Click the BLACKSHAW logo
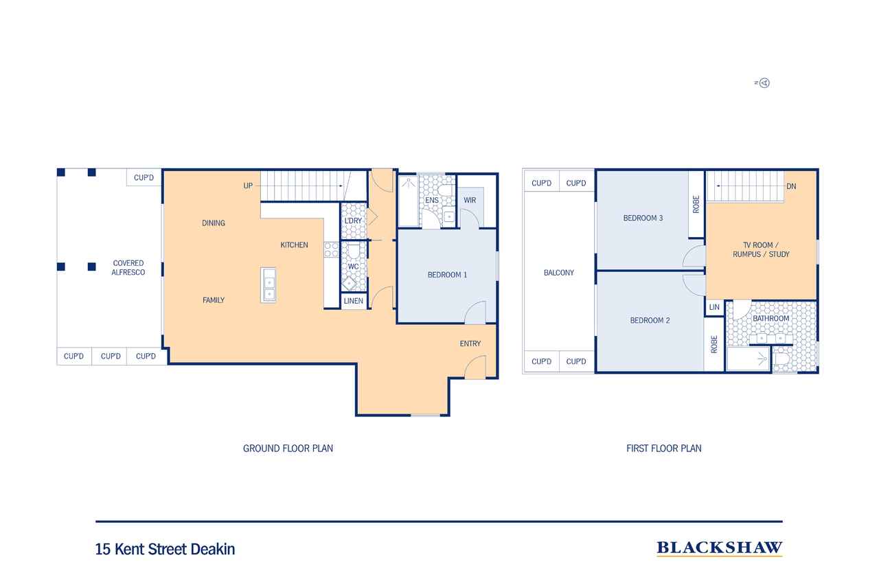pos(719,548)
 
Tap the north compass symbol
pos(764,83)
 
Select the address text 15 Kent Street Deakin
pos(165,549)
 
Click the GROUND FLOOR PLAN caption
pos(288,448)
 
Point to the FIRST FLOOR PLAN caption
pos(663,448)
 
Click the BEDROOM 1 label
pos(447,275)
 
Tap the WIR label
pos(470,200)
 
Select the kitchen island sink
pos(269,285)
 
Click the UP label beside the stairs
pos(248,185)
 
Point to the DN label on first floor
pos(792,186)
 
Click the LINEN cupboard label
pos(353,301)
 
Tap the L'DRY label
pos(353,221)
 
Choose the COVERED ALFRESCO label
pos(128,268)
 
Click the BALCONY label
pos(559,273)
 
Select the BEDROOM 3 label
pos(643,218)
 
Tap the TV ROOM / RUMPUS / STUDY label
pos(761,249)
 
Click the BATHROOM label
pos(770,318)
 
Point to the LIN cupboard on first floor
pos(714,307)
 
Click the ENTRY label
pos(470,343)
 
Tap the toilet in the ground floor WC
pos(354,251)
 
